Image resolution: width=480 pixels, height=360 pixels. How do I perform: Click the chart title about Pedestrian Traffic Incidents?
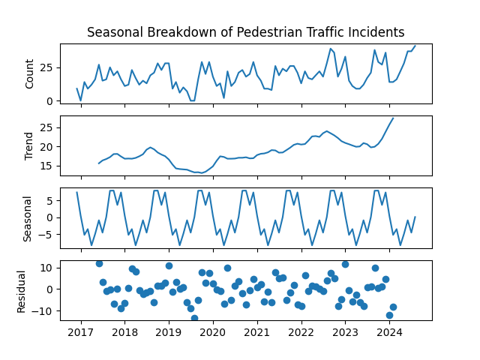pyautogui.click(x=245, y=32)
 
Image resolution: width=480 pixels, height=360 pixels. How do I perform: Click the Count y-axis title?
pyautogui.click(x=30, y=73)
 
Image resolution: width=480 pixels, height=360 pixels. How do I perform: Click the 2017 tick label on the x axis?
pyautogui.click(x=80, y=331)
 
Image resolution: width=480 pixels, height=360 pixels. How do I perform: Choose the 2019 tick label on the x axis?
pyautogui.click(x=169, y=331)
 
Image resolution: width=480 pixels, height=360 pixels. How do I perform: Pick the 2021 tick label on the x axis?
pyautogui.click(x=256, y=331)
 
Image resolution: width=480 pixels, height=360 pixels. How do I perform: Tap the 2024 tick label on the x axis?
pyautogui.click(x=388, y=331)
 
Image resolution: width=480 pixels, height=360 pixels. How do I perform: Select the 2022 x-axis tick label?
pyautogui.click(x=301, y=331)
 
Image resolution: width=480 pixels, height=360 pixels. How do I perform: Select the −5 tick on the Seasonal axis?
pyautogui.click(x=49, y=235)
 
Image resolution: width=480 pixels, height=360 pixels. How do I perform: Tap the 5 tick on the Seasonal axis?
pyautogui.click(x=52, y=200)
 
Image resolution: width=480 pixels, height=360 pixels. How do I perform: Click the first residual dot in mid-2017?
pyautogui.click(x=99, y=263)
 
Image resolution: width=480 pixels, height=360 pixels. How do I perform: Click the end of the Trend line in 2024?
pyautogui.click(x=393, y=118)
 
